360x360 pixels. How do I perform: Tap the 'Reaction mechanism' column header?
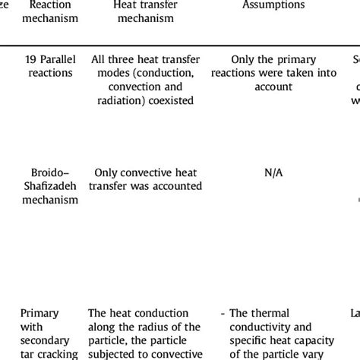click(49, 11)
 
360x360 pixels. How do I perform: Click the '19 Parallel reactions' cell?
click(49, 67)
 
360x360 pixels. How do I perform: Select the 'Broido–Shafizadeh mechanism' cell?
click(50, 186)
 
